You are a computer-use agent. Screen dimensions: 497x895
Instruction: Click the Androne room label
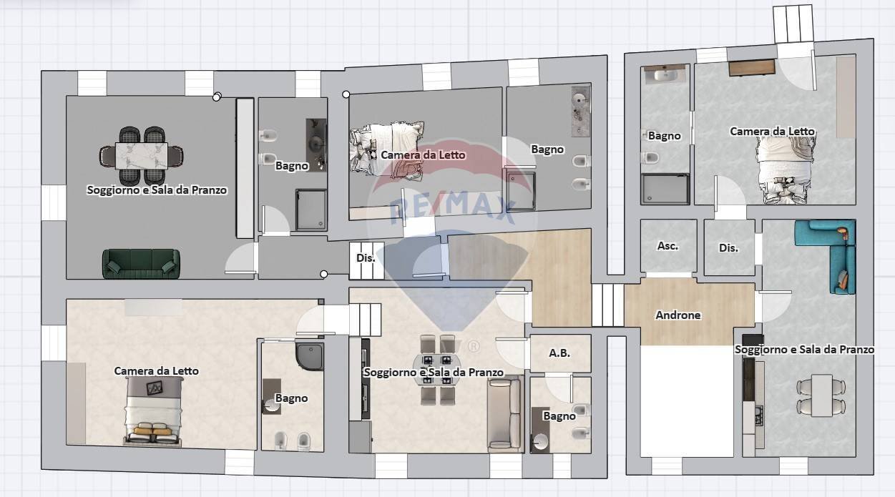coord(678,315)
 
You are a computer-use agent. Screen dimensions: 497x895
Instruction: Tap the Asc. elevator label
coord(667,246)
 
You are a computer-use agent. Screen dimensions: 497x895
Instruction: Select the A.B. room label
coord(559,353)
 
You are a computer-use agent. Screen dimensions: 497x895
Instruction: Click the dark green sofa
coord(141,263)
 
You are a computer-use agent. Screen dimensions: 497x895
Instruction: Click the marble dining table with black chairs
coord(142,155)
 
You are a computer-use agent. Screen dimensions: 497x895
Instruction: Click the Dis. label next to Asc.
coord(728,248)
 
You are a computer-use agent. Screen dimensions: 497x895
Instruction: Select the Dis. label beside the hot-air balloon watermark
coord(366,258)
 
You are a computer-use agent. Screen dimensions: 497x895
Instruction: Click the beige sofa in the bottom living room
coord(504,415)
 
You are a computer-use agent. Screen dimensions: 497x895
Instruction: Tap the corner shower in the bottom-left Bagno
coord(310,355)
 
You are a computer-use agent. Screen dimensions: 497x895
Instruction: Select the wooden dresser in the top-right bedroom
coord(752,68)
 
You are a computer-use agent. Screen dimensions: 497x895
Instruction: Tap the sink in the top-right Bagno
coord(665,74)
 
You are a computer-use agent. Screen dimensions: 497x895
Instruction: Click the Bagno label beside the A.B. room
coord(559,416)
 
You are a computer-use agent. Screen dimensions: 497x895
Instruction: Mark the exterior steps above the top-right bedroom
coord(793,24)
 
